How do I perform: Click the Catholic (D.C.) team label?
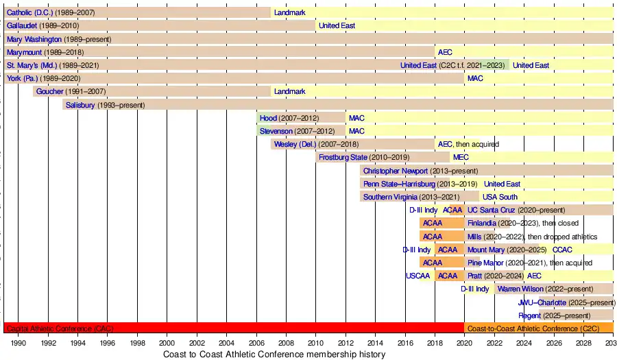[x=29, y=12]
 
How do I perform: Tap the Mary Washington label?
[x=34, y=39]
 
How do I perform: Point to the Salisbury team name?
[x=80, y=105]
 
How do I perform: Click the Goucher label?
[x=50, y=91]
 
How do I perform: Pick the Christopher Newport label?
[x=396, y=171]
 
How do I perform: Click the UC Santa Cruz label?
[x=489, y=210]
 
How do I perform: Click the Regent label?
[x=530, y=315]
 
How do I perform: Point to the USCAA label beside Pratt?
[x=418, y=276]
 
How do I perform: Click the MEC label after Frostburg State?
[x=461, y=158]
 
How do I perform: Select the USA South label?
[x=500, y=197]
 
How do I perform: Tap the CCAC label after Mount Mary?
[x=562, y=250]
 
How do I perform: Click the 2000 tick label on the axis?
[x=167, y=343]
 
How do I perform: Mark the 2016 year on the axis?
[x=405, y=343]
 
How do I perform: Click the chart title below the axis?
[x=274, y=355]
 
